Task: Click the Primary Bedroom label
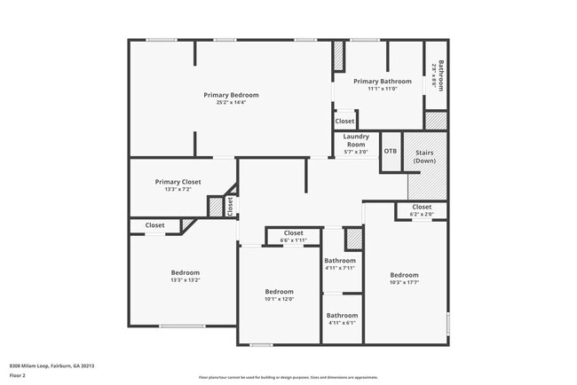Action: (x=231, y=95)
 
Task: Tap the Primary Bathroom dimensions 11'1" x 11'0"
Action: (x=382, y=88)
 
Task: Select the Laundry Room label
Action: (x=356, y=141)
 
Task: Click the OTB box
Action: (x=391, y=151)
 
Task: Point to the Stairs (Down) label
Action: (x=424, y=157)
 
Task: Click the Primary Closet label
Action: (x=178, y=182)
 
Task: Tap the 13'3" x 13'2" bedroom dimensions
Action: (x=185, y=280)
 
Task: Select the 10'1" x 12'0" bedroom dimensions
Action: (x=279, y=299)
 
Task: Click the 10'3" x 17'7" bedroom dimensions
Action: (x=404, y=282)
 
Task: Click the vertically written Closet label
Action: (x=230, y=207)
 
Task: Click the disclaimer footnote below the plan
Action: (x=288, y=376)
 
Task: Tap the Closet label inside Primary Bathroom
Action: (x=345, y=121)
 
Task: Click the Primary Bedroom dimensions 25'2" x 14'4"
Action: (x=231, y=103)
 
